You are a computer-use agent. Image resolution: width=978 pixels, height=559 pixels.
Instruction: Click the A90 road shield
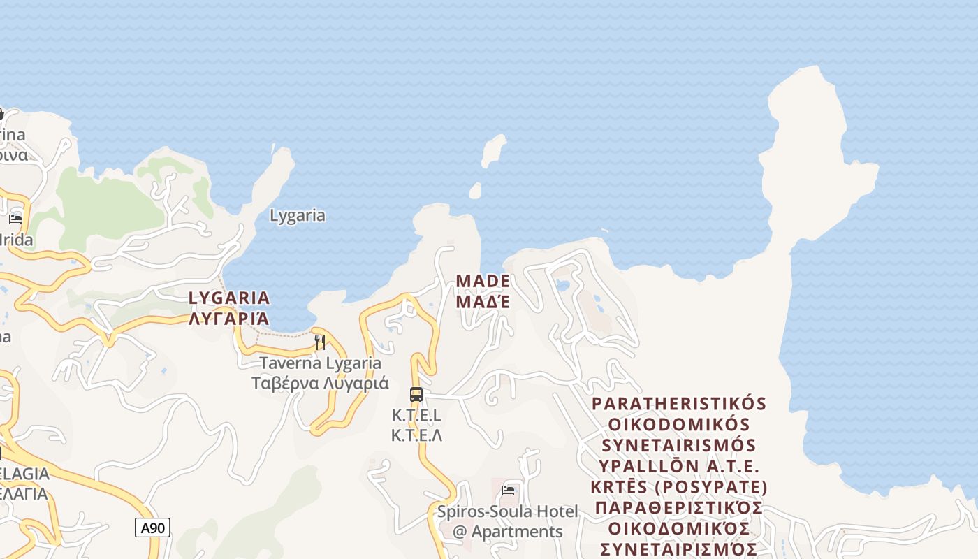pyautogui.click(x=152, y=528)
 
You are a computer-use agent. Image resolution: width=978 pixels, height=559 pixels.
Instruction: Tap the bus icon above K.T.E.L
pyautogui.click(x=416, y=394)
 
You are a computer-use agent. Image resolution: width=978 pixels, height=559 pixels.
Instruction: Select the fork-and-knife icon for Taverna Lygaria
pyautogui.click(x=320, y=342)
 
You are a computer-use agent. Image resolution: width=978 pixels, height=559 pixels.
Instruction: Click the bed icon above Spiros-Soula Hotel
pyautogui.click(x=508, y=491)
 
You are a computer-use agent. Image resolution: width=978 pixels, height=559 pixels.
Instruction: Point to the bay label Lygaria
pyautogui.click(x=298, y=215)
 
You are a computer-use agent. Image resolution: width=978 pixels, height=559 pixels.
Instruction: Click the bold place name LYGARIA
pyautogui.click(x=229, y=298)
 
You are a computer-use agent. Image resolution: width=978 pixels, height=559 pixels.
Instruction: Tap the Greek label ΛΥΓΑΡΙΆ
pyautogui.click(x=229, y=319)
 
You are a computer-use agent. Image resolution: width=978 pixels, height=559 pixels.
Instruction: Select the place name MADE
pyautogui.click(x=483, y=281)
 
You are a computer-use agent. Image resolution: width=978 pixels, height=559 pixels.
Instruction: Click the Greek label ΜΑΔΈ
pyautogui.click(x=483, y=301)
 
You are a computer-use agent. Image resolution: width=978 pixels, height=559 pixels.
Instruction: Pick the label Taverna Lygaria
pyautogui.click(x=321, y=363)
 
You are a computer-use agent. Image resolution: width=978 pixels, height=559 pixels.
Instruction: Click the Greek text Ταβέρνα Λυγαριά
pyautogui.click(x=321, y=383)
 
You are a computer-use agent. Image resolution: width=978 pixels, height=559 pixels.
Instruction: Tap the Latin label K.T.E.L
pyautogui.click(x=416, y=415)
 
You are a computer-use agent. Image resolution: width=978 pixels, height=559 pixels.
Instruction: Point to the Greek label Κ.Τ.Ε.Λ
pyautogui.click(x=416, y=435)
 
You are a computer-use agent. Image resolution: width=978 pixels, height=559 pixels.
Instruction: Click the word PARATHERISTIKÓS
pyautogui.click(x=679, y=404)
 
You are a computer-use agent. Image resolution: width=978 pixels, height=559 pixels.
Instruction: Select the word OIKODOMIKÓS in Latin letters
pyautogui.click(x=679, y=425)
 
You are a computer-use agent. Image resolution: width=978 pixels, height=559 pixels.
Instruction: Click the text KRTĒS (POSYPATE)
pyautogui.click(x=679, y=486)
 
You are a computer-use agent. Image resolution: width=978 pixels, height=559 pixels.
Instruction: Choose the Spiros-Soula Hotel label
pyautogui.click(x=508, y=511)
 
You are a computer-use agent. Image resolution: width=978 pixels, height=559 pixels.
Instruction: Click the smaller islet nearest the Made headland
pyautogui.click(x=475, y=191)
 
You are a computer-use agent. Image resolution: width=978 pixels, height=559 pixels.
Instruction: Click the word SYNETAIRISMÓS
pyautogui.click(x=679, y=445)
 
